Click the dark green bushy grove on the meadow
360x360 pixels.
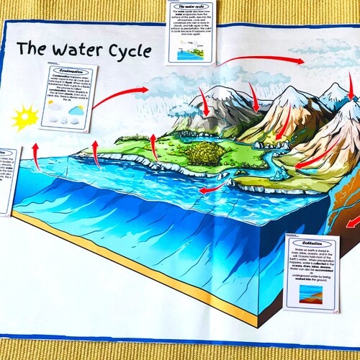[x=197, y=153]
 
